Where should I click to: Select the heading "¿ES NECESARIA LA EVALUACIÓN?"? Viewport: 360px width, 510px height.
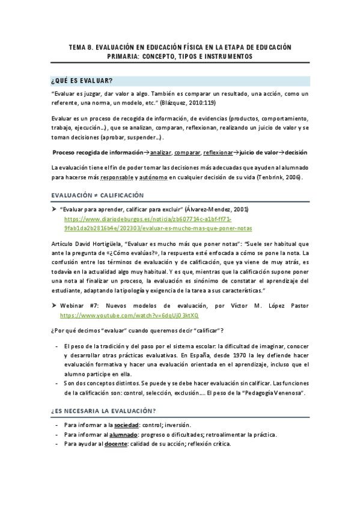103,411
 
